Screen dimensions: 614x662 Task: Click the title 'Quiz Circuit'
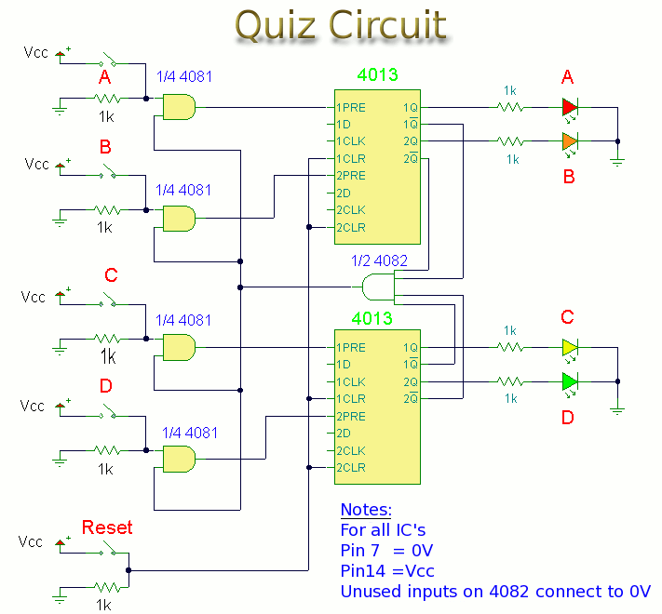(x=341, y=26)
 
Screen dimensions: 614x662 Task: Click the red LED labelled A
(x=571, y=108)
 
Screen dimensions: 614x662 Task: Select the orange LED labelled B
(x=571, y=142)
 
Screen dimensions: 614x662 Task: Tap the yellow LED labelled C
(x=571, y=348)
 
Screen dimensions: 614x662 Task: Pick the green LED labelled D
(x=571, y=381)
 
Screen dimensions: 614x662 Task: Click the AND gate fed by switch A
(x=178, y=108)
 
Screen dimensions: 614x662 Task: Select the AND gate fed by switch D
(x=178, y=459)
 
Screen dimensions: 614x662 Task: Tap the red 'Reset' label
(x=107, y=527)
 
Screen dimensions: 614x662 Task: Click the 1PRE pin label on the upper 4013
(x=351, y=108)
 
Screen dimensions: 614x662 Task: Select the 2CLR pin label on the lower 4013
(x=351, y=467)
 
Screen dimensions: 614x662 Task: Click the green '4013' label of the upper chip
(x=376, y=75)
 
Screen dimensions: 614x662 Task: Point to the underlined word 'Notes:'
(x=366, y=511)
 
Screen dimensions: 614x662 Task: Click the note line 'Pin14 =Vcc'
(x=387, y=570)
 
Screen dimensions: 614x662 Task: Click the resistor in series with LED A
(x=509, y=108)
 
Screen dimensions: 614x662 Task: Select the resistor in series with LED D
(x=509, y=381)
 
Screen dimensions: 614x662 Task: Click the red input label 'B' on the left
(x=105, y=147)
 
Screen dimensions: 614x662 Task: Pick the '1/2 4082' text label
(x=379, y=261)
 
